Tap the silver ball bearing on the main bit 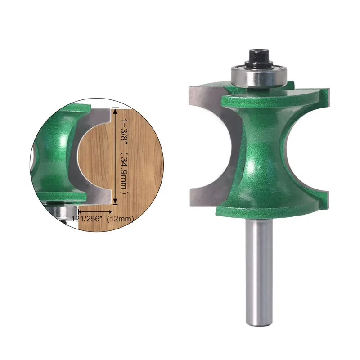pyautogui.click(x=259, y=76)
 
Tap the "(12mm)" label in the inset pyautogui.click(x=120, y=219)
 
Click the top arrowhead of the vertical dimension pyautogui.click(x=115, y=111)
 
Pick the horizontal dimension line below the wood pyautogui.click(x=95, y=211)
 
